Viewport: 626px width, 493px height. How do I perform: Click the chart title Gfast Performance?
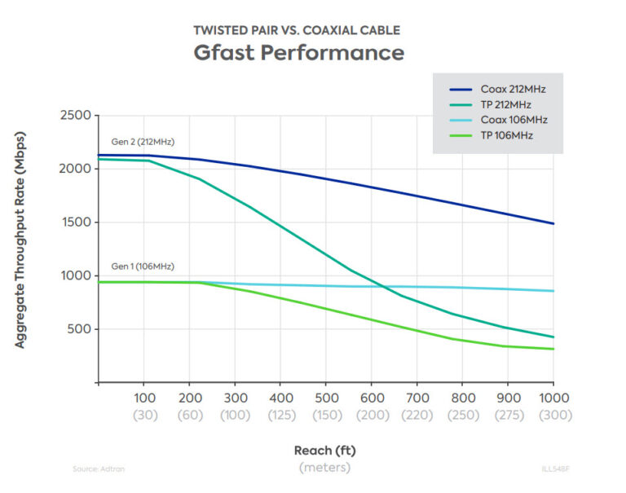[298, 53]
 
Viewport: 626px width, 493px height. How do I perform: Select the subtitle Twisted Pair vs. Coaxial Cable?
[297, 30]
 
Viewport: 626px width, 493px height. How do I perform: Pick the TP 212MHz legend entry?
[506, 104]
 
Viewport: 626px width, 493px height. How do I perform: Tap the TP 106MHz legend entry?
[506, 135]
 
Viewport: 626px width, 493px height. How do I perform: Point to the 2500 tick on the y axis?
[75, 116]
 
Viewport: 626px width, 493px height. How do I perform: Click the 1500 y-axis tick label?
[75, 222]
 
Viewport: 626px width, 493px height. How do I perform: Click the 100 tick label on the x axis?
[143, 399]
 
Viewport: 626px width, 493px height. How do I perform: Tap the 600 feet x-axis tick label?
[371, 399]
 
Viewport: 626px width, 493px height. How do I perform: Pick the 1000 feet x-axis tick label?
[553, 399]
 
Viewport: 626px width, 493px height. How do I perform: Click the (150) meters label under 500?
[325, 415]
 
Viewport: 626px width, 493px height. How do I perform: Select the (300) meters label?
[553, 415]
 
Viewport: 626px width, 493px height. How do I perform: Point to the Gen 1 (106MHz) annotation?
[143, 266]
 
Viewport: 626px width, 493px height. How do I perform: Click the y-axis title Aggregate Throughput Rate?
[20, 249]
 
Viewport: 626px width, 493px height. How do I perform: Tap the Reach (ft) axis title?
[324, 450]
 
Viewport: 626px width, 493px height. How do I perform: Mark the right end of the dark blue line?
[553, 223]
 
